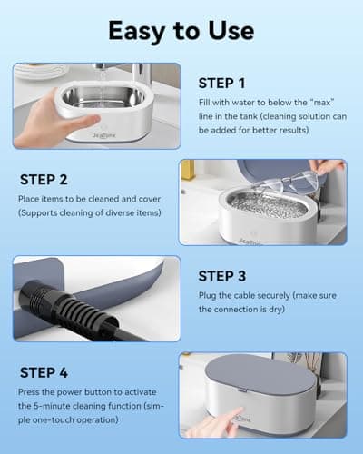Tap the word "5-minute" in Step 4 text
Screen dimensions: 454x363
(x=56, y=409)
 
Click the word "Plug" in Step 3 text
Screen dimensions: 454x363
(x=207, y=295)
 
